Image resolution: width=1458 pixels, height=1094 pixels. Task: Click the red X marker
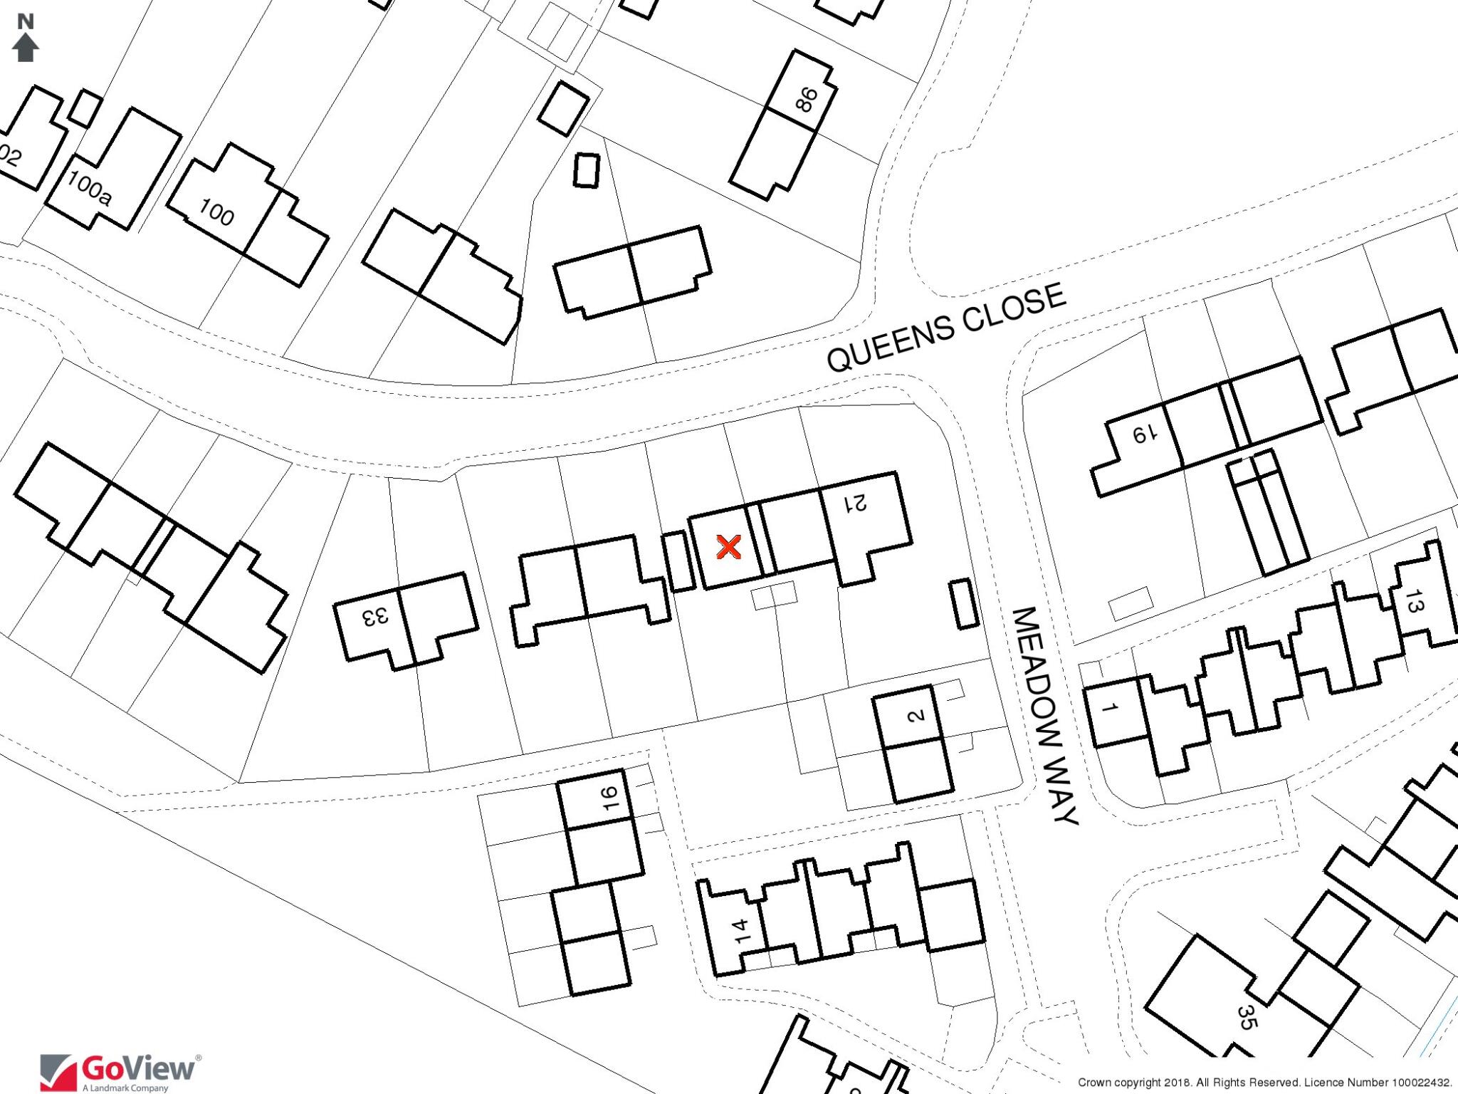[728, 547]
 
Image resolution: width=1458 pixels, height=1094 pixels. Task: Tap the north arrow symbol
[26, 48]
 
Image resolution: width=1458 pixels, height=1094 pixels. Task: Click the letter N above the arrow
[26, 22]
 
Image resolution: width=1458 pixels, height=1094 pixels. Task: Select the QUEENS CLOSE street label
[946, 327]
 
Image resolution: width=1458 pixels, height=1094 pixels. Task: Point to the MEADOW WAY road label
[1042, 715]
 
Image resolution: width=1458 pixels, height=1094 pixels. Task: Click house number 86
[806, 100]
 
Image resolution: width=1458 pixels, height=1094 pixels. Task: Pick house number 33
[376, 617]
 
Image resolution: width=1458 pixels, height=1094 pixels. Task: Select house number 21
[856, 504]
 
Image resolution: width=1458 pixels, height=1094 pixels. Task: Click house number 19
[1140, 434]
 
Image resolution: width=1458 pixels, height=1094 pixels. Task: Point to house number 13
[1413, 606]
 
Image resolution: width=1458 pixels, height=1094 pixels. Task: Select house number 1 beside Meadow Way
[1108, 707]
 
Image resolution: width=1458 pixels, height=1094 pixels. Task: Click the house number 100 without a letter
[216, 213]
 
